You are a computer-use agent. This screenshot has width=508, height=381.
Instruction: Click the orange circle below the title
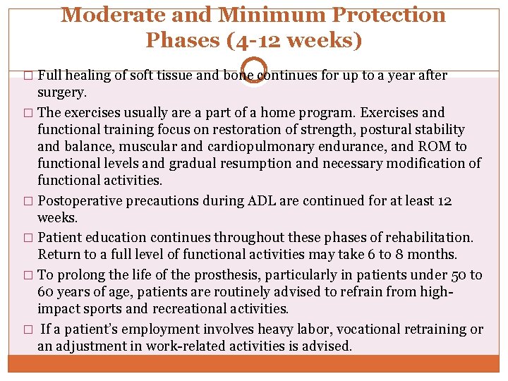(254, 68)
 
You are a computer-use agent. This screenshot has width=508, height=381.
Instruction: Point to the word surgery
(62, 92)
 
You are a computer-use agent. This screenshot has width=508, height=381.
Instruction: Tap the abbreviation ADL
(262, 200)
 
